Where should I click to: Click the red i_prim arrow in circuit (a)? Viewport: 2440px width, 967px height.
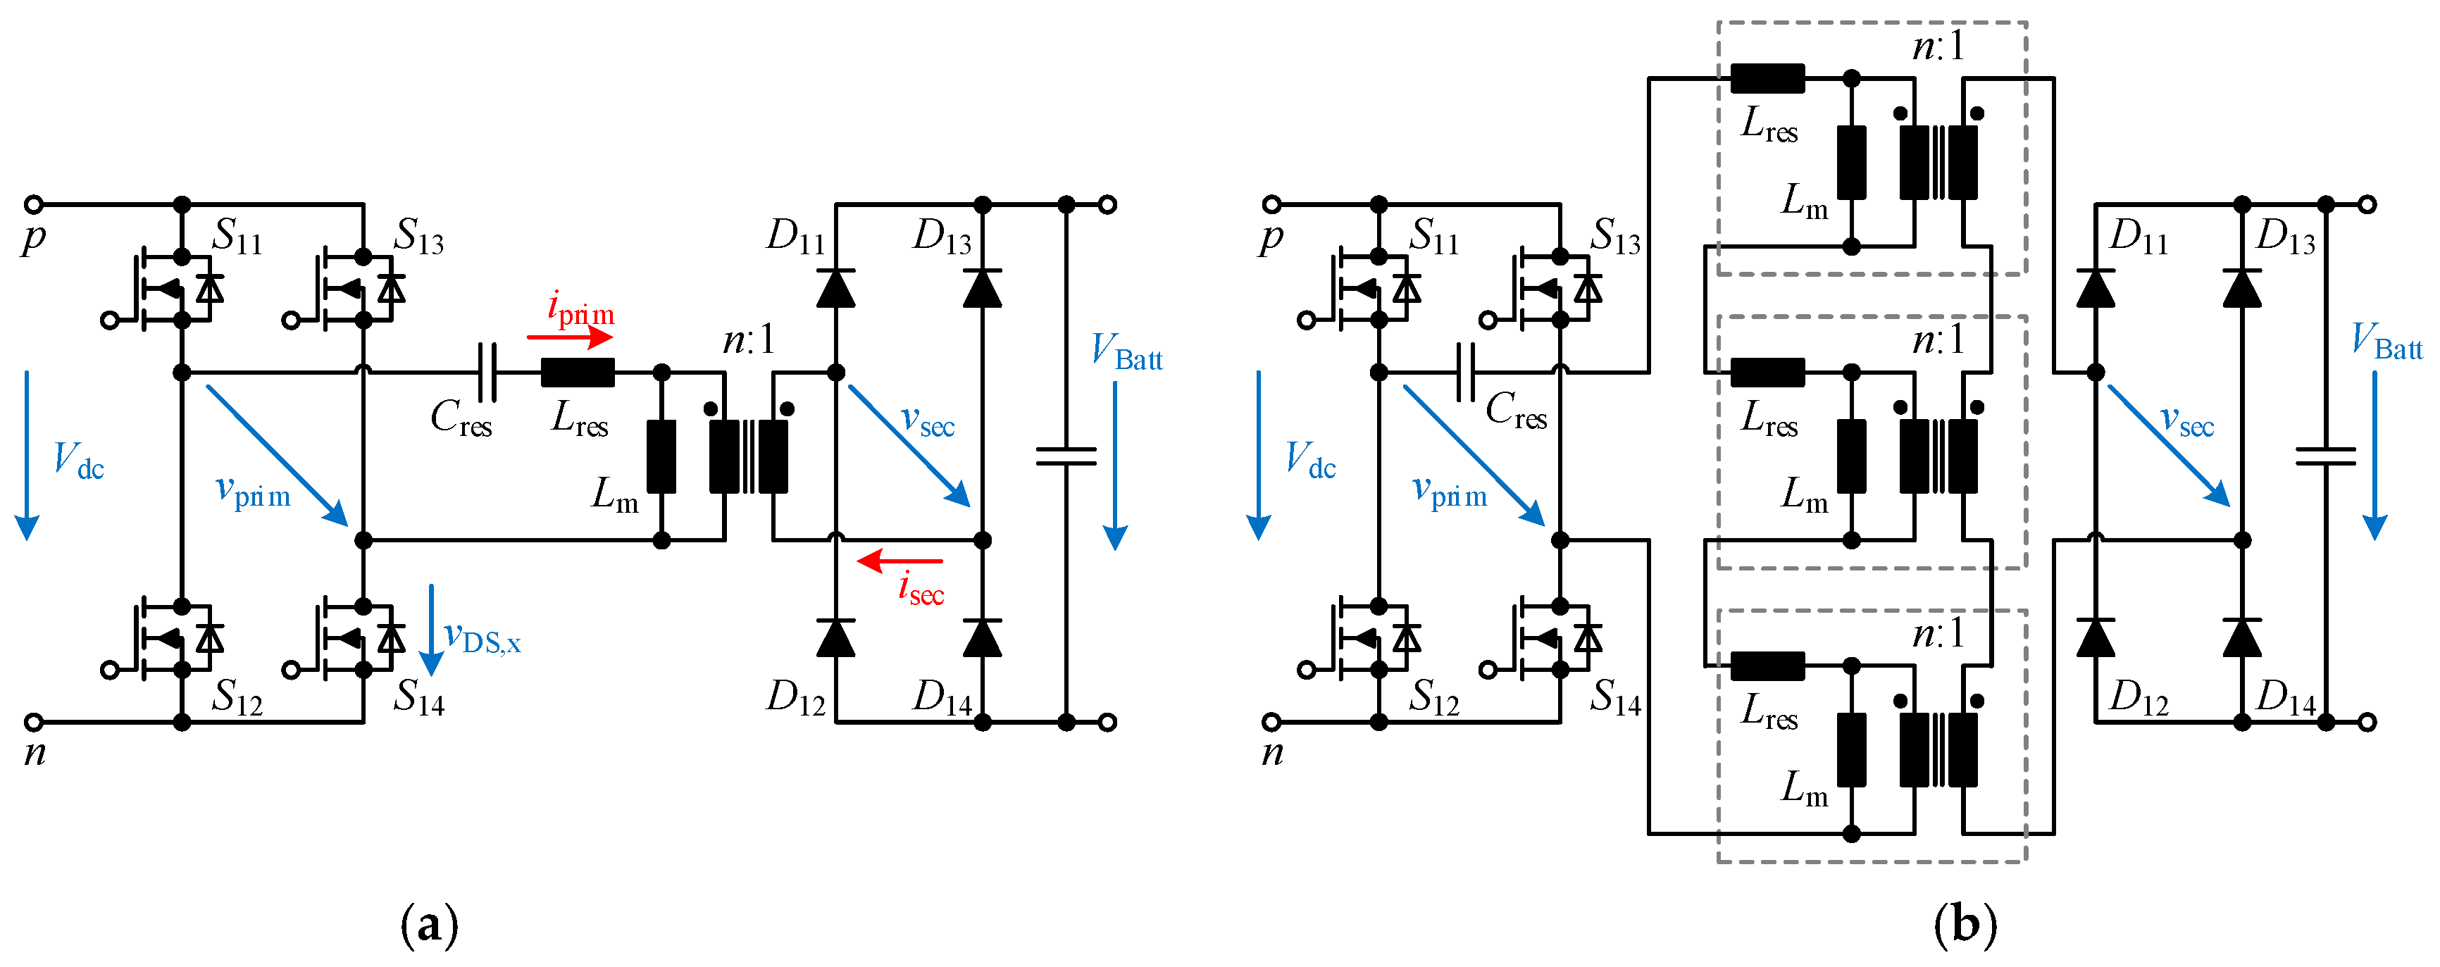click(571, 336)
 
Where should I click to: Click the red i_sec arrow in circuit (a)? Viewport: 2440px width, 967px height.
click(899, 561)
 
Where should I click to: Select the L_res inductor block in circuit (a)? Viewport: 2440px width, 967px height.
click(577, 372)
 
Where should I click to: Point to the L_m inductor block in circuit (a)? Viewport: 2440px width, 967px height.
click(661, 456)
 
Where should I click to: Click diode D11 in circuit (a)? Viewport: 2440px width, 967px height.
click(835, 288)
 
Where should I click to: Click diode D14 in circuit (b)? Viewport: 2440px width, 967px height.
click(2241, 638)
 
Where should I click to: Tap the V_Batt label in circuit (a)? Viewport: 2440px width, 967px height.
click(1126, 351)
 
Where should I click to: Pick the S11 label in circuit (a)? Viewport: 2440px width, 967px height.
click(237, 235)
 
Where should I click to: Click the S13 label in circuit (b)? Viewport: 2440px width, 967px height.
click(1615, 235)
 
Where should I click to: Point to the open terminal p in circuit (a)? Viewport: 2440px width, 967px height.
click(33, 204)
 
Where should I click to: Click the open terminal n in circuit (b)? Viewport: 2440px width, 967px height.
click(1271, 722)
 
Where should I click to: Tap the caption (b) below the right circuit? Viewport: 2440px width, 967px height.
click(1965, 923)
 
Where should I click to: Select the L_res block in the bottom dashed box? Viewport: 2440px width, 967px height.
click(1767, 666)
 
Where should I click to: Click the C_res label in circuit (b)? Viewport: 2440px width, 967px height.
click(1516, 410)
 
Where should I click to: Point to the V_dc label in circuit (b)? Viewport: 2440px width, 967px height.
click(1310, 461)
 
